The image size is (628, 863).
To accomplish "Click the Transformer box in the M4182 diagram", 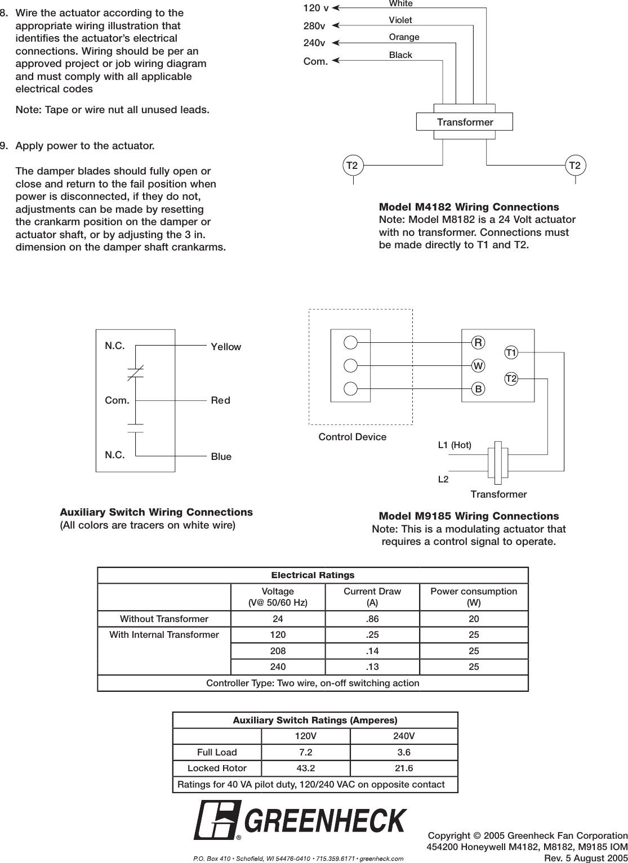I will (465, 122).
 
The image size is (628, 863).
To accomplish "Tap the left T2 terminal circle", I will (353, 166).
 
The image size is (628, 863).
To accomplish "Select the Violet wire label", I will (400, 20).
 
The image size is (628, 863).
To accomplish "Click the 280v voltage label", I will (314, 26).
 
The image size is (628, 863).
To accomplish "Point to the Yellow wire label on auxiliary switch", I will (225, 347).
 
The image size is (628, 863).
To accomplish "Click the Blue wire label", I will (221, 457).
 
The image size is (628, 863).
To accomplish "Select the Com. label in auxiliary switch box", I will (117, 401).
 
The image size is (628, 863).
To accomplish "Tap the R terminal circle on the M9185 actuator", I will (478, 342).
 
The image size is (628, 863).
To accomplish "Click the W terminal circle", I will (478, 365).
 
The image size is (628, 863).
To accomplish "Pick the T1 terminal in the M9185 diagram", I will (511, 353).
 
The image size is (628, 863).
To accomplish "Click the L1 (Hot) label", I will (455, 445).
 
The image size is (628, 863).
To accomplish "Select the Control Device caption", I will (353, 437).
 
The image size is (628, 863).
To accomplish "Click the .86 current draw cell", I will (372, 619).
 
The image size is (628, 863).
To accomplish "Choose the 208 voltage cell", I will (278, 651).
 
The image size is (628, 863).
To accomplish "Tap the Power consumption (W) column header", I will (473, 597).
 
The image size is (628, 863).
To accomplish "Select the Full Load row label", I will (217, 752).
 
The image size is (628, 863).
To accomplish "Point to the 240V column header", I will (404, 736).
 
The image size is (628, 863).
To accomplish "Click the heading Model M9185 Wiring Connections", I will (469, 516).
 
